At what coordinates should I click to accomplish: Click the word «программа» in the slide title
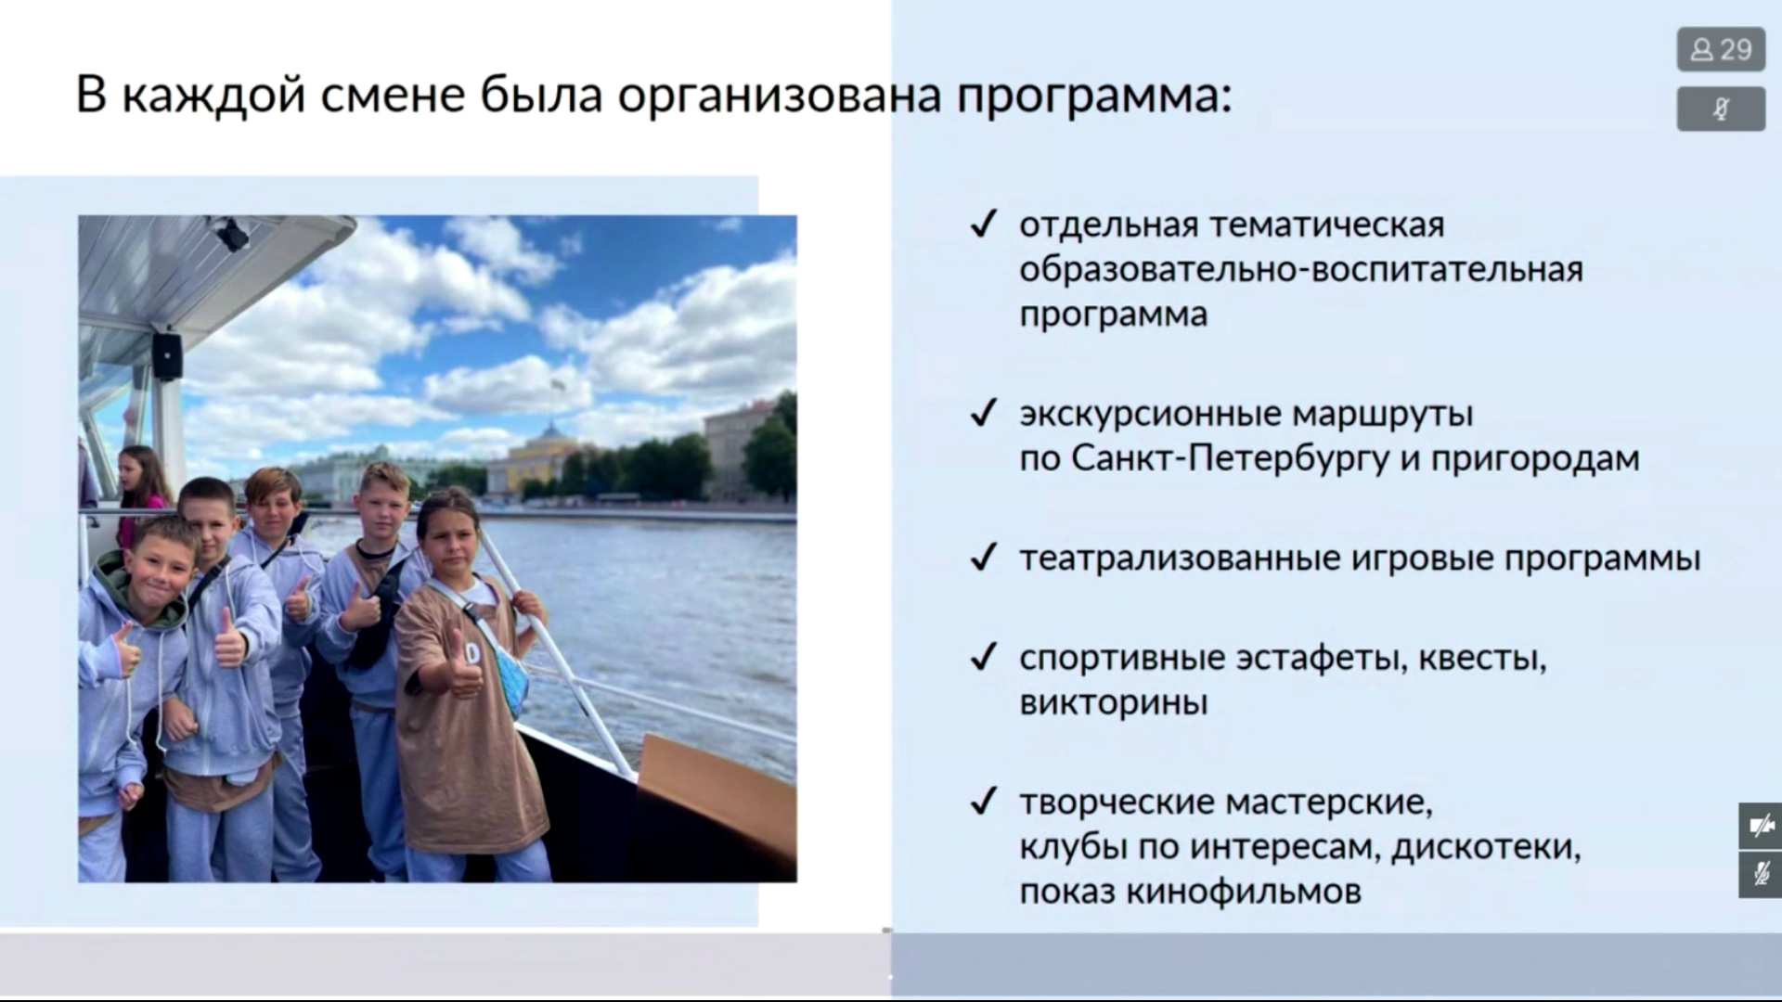coord(1094,96)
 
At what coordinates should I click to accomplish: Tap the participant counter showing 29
coord(1721,49)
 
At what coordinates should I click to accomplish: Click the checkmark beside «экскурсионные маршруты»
coord(983,413)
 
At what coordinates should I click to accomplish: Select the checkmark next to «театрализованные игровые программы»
coord(983,558)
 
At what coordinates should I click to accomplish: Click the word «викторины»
coord(1114,702)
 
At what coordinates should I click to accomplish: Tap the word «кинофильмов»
coord(1244,892)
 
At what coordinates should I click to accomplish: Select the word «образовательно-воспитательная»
coord(1301,269)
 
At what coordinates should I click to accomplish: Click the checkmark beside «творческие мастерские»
coord(983,801)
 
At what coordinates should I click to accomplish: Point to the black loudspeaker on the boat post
coord(167,355)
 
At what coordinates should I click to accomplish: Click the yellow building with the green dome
coord(549,464)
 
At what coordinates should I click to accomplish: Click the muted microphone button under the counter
coord(1721,109)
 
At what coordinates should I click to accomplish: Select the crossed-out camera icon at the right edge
coord(1761,826)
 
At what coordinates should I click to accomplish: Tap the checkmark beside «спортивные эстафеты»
coord(983,658)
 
